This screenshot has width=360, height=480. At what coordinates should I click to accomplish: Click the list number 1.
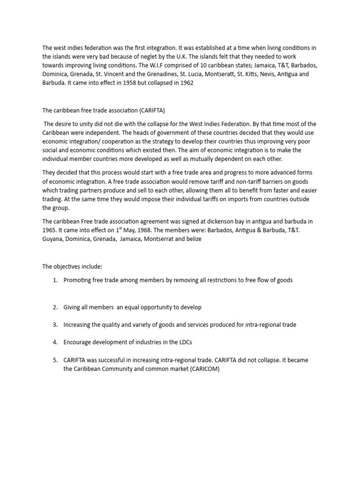click(x=54, y=280)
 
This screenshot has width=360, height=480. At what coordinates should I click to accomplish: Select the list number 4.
click(x=54, y=342)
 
